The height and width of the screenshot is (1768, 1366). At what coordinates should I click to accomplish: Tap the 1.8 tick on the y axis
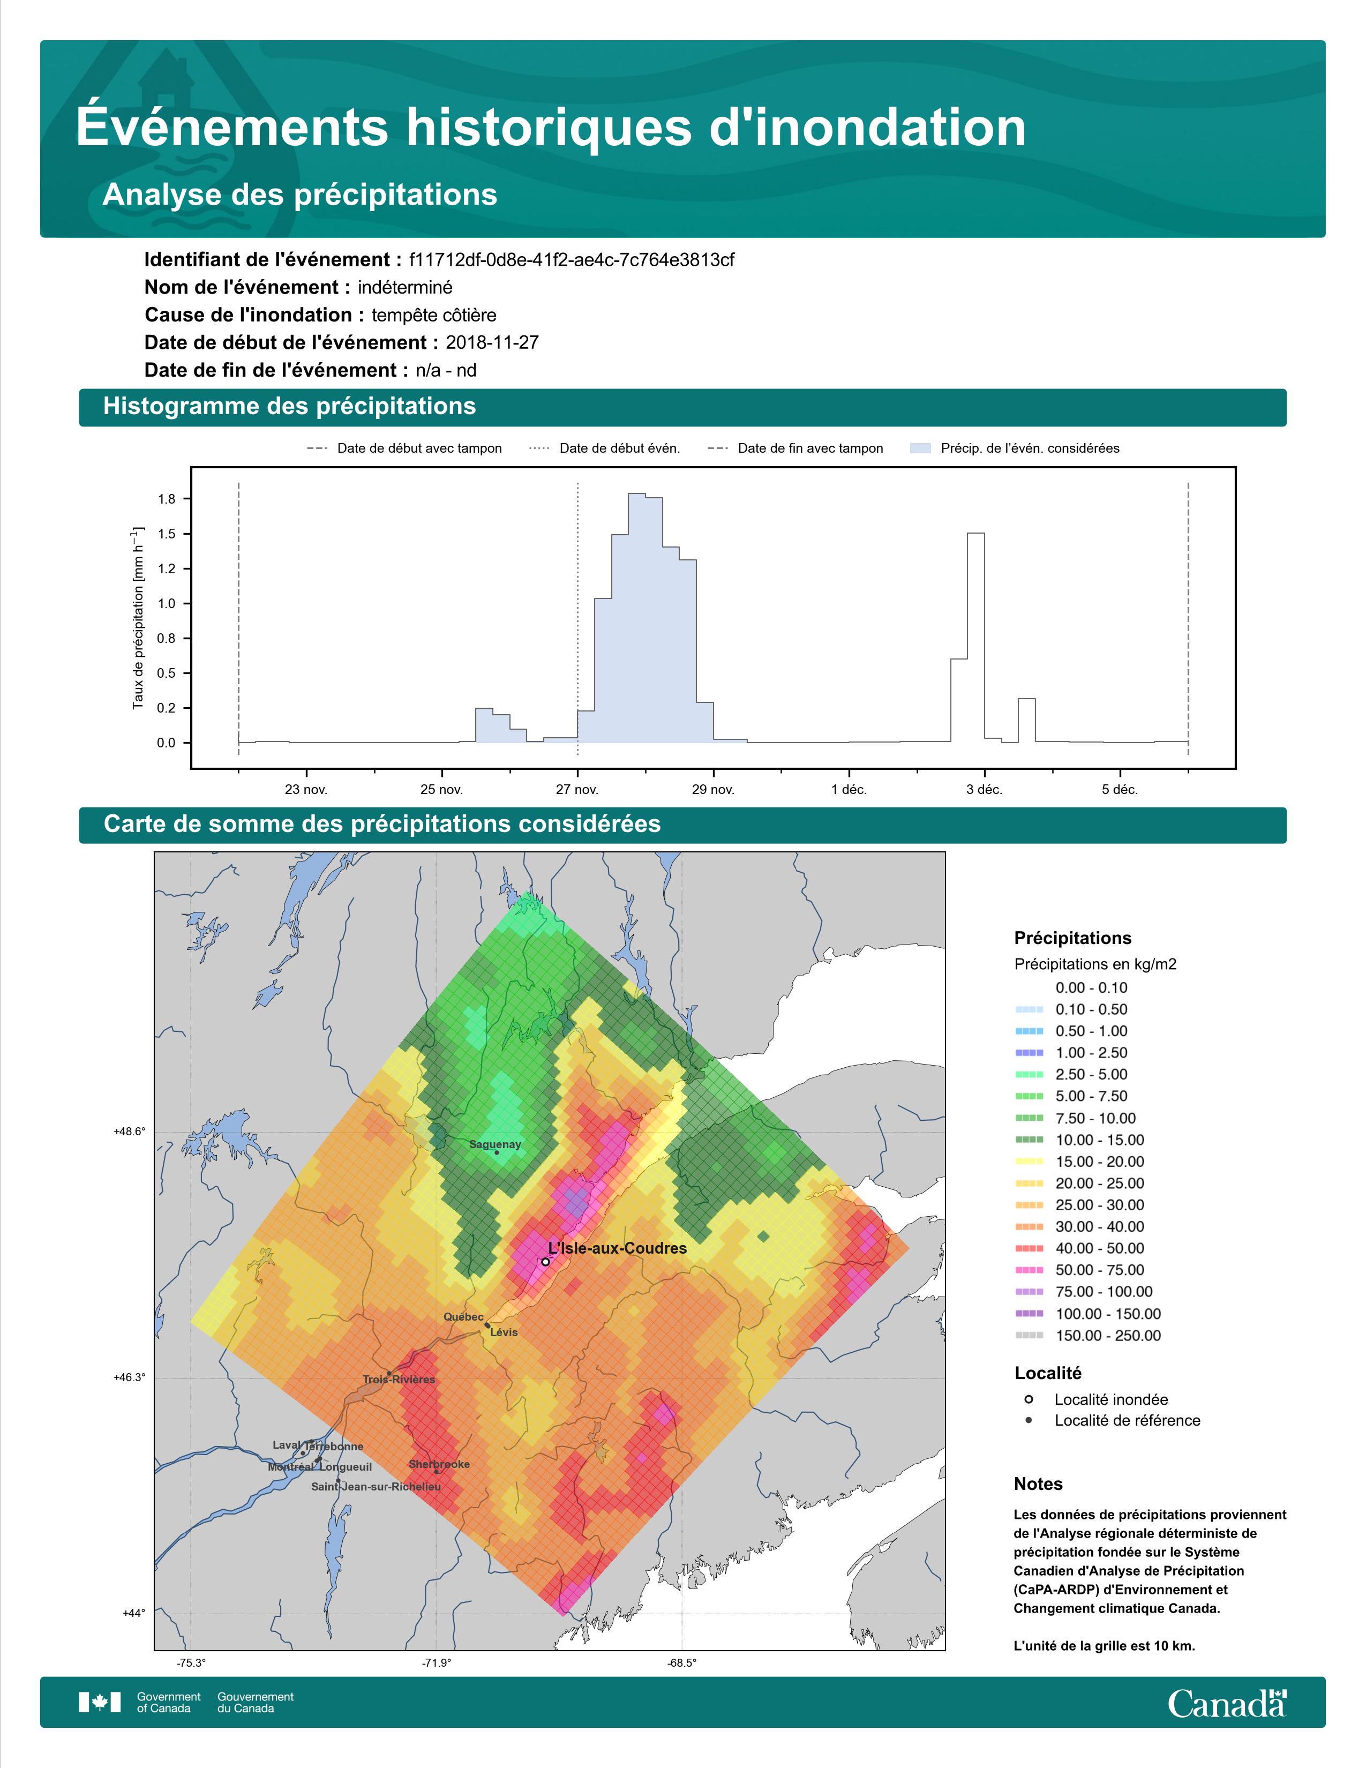[x=167, y=499]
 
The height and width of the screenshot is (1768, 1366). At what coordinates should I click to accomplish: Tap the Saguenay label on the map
[x=496, y=1145]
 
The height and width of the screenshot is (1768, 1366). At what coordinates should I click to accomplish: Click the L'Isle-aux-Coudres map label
[x=618, y=1248]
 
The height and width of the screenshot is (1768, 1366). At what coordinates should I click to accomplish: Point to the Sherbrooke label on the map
[x=439, y=1464]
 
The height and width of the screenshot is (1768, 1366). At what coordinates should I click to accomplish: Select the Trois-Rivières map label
[x=399, y=1380]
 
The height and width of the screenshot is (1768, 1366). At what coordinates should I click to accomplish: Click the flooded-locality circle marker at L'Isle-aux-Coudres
[x=545, y=1261]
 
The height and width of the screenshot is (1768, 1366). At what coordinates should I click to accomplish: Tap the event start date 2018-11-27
[x=492, y=342]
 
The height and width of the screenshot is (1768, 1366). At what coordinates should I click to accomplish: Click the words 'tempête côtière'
[x=434, y=315]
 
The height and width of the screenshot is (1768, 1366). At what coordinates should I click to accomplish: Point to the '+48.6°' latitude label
[x=130, y=1132]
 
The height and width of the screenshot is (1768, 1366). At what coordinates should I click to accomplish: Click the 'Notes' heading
[x=1038, y=1484]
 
